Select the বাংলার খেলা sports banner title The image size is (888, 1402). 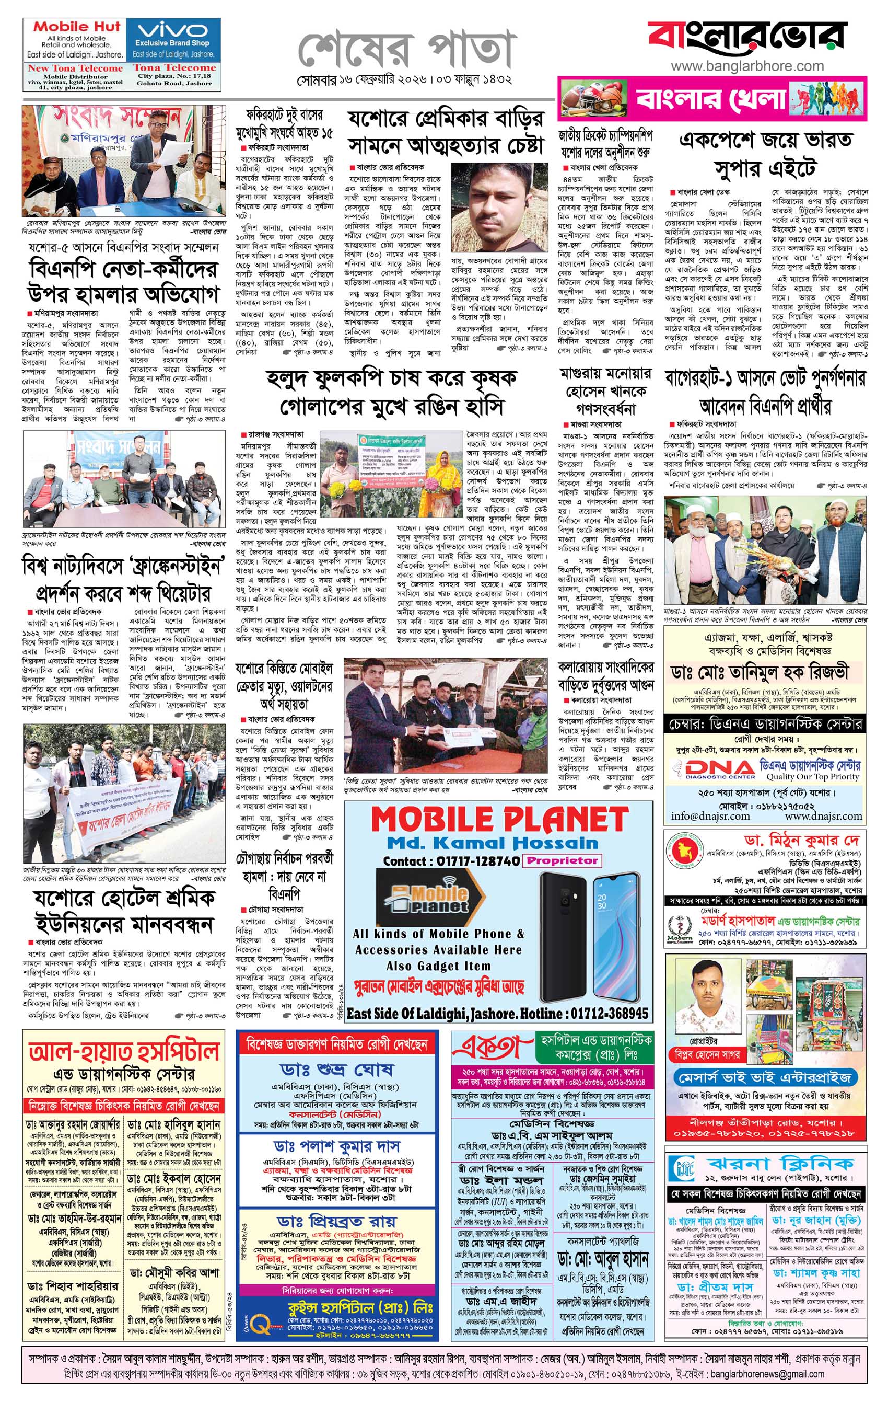coord(711,99)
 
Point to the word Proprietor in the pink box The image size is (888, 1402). coord(562,860)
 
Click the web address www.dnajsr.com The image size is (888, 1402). coord(823,815)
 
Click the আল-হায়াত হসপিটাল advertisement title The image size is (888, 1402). coord(124,1051)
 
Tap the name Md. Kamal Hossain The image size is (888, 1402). coord(484,843)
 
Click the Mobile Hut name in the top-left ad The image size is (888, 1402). coord(76,27)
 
